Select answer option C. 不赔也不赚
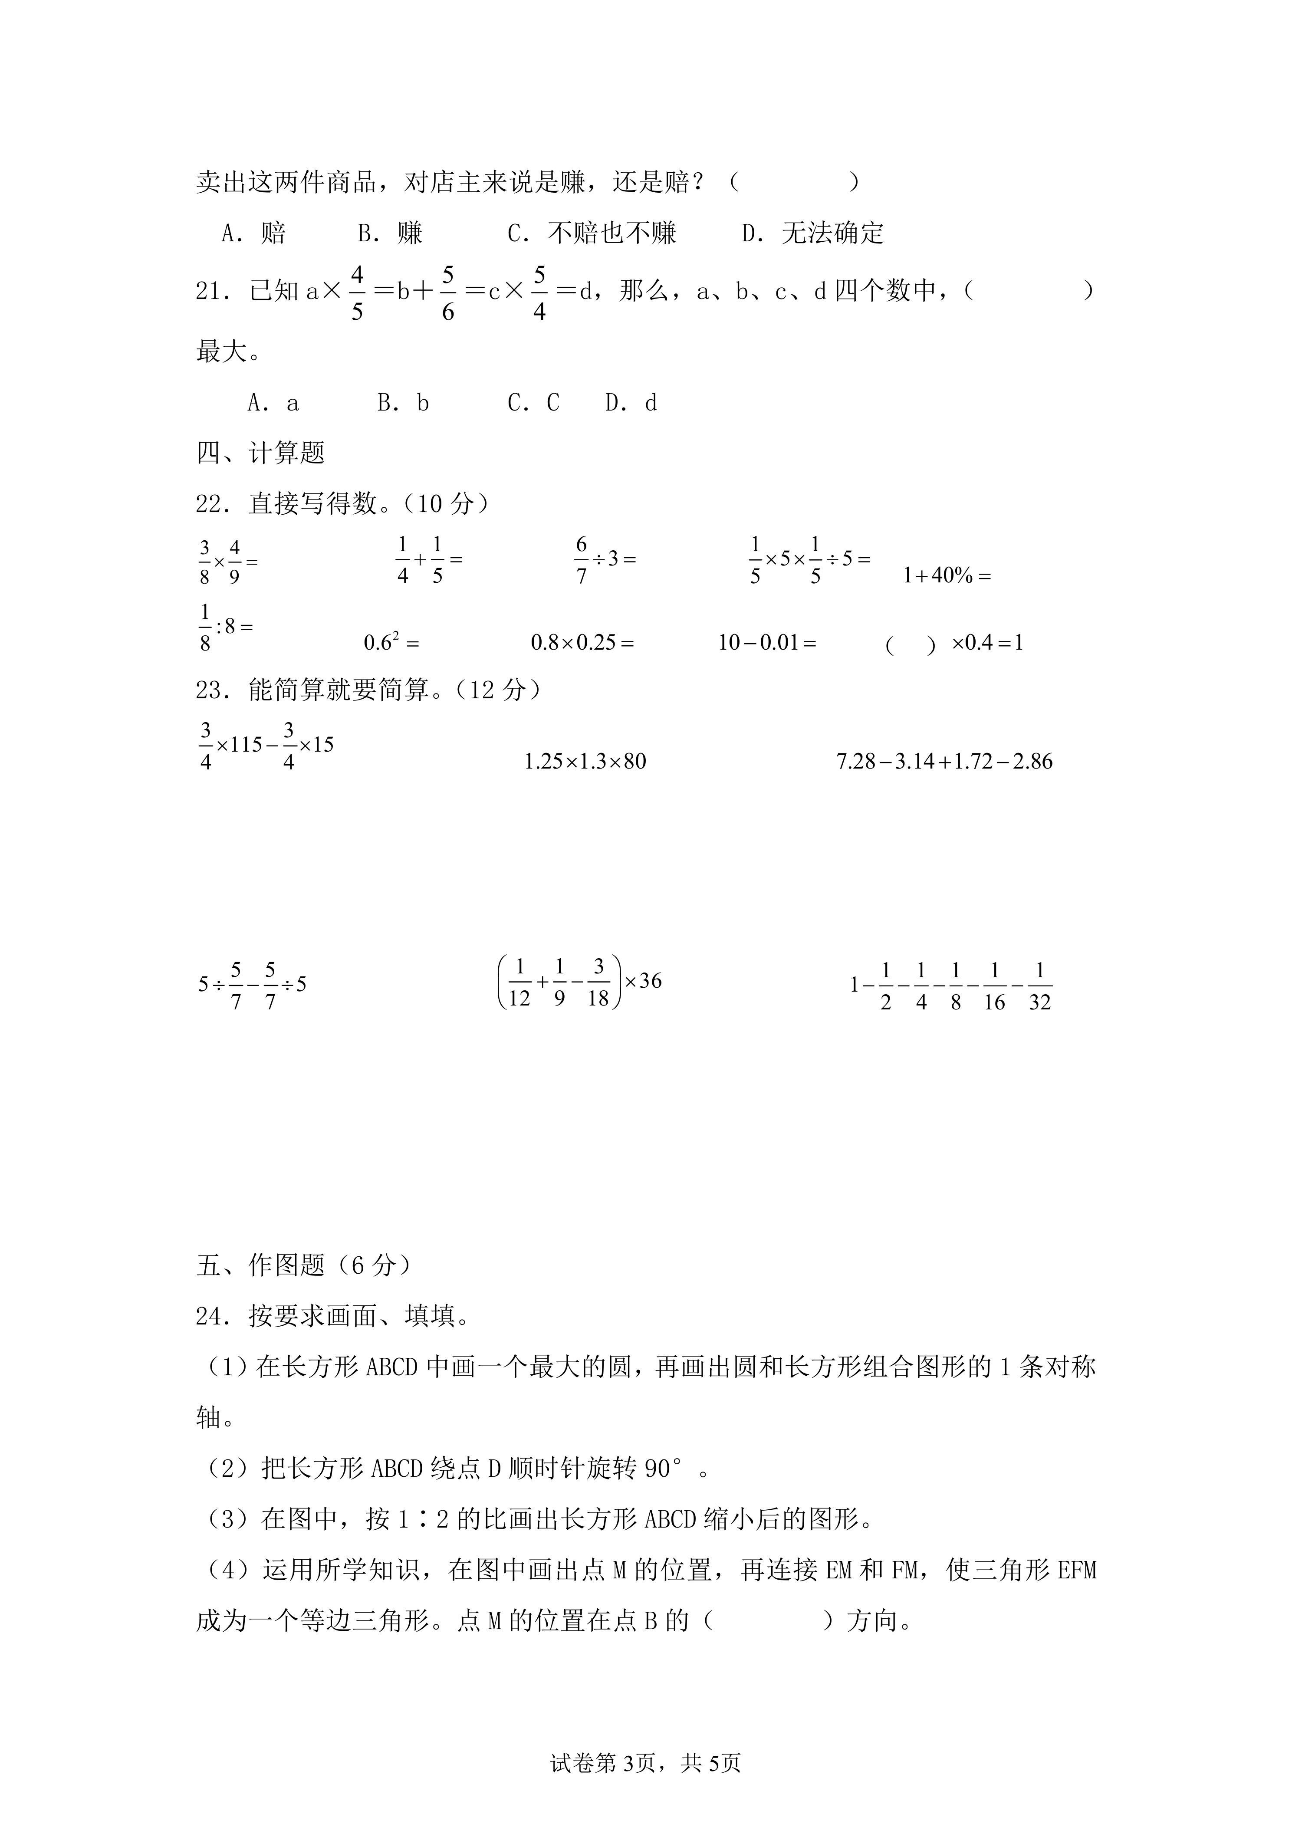[592, 233]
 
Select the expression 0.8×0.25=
[582, 642]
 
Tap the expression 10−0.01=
[767, 642]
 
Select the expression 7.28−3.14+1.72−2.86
[944, 762]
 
